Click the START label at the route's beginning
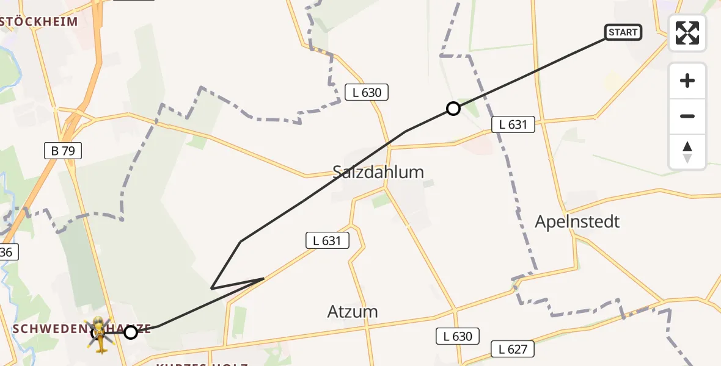click(623, 32)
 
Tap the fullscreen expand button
click(687, 33)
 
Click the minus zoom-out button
click(687, 116)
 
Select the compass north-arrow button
click(687, 152)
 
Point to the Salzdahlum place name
click(378, 172)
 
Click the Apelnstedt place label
click(577, 221)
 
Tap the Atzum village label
click(353, 312)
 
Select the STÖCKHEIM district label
click(39, 22)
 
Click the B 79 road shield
click(63, 151)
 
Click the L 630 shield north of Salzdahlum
click(367, 93)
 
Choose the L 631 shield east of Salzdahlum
click(513, 124)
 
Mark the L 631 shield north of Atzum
click(327, 240)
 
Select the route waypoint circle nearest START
click(453, 109)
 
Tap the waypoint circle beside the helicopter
click(130, 332)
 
